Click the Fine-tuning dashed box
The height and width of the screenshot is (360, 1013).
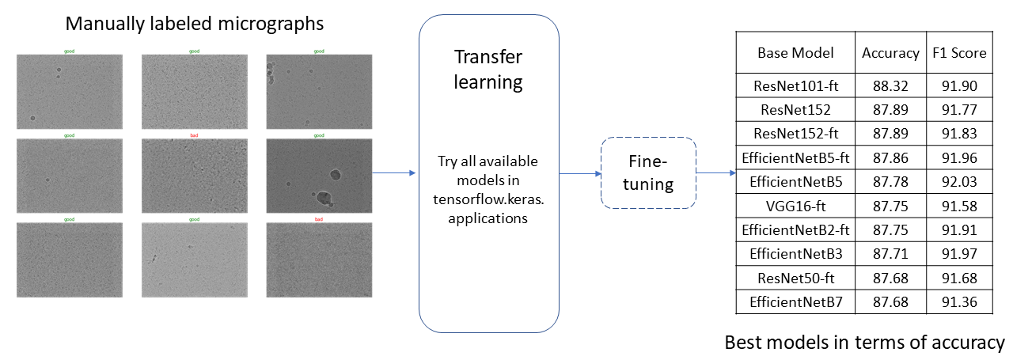tap(648, 173)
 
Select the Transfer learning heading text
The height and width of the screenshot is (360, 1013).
tap(488, 70)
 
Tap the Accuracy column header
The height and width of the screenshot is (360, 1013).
tap(889, 53)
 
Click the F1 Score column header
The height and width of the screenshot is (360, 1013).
tap(959, 53)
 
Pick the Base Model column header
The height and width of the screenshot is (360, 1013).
tap(795, 53)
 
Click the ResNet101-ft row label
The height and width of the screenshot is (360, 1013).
tap(795, 85)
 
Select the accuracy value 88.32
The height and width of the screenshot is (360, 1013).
tap(889, 85)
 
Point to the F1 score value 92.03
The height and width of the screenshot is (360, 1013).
tap(959, 181)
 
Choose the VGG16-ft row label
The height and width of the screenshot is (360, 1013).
tap(795, 206)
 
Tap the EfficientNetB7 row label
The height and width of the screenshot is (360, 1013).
tap(795, 301)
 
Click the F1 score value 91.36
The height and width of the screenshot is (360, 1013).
tap(959, 301)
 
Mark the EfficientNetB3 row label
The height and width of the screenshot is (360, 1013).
tap(795, 254)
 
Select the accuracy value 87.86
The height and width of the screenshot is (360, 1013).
tap(889, 157)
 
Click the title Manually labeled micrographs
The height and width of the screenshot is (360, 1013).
tap(195, 24)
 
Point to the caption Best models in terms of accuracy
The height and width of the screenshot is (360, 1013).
tap(864, 343)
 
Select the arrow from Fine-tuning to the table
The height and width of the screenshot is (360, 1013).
tap(714, 173)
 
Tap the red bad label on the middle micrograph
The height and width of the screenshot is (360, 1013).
tap(194, 136)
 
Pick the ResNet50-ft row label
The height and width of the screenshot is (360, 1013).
tap(795, 278)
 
